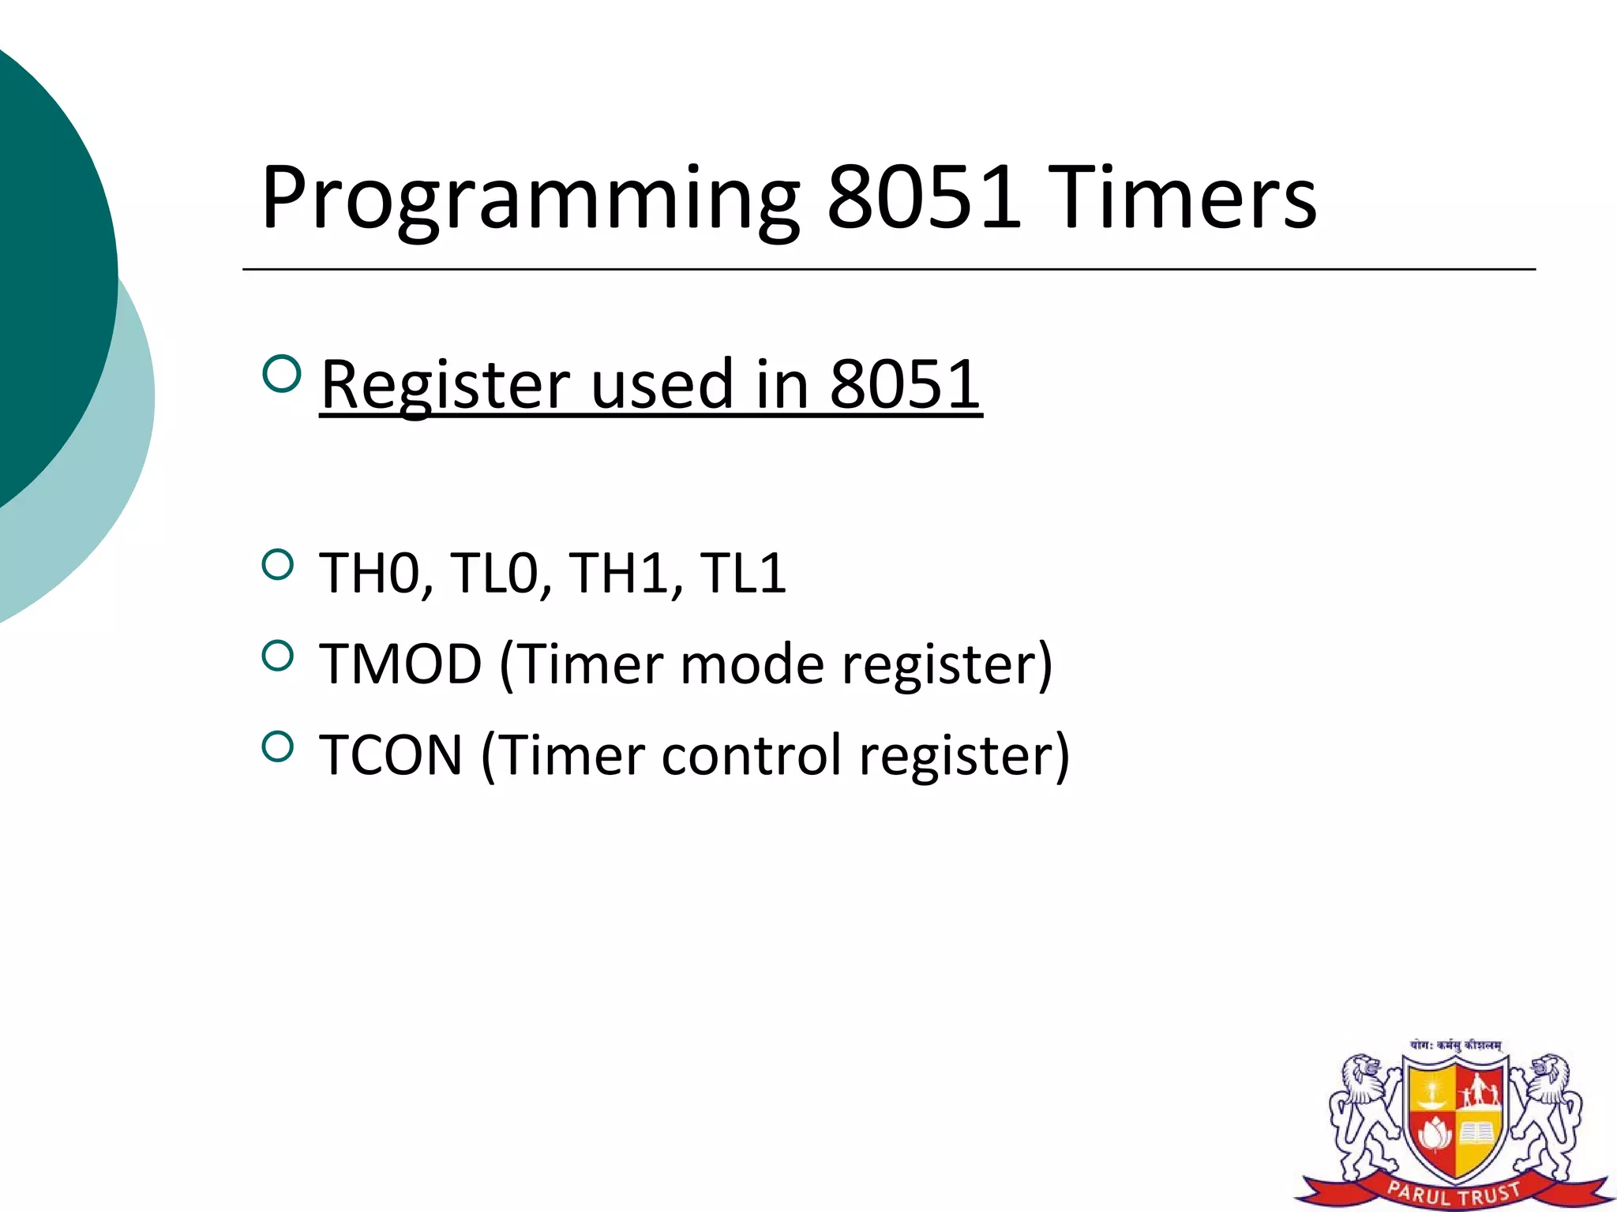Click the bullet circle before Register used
pyautogui.click(x=280, y=373)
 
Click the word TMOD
pyautogui.click(x=400, y=664)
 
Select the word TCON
pyautogui.click(x=391, y=756)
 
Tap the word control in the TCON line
pyautogui.click(x=752, y=756)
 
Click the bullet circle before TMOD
pyautogui.click(x=277, y=655)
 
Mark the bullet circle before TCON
pyautogui.click(x=277, y=746)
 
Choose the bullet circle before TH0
pyautogui.click(x=277, y=564)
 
